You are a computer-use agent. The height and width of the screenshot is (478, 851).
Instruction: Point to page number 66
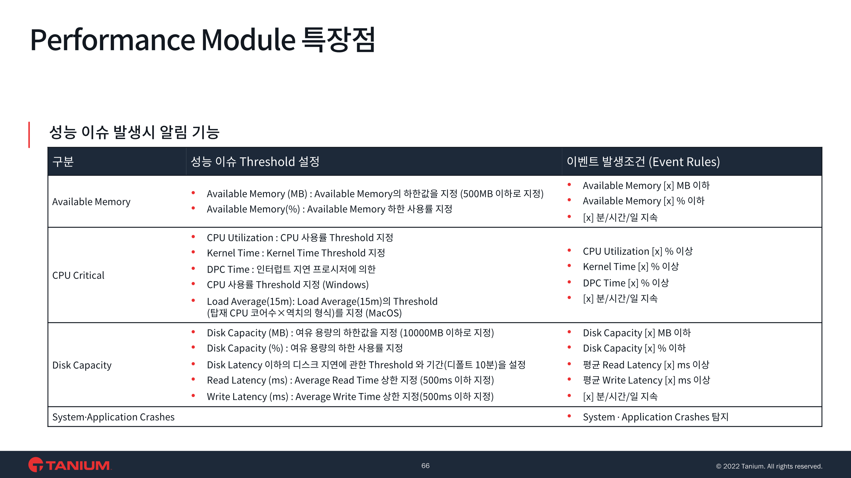[425, 466]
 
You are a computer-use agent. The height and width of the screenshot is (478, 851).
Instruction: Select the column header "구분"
[63, 162]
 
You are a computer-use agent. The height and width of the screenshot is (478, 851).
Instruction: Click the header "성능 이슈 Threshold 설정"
[255, 162]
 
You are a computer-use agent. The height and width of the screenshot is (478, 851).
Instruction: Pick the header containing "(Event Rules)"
[643, 162]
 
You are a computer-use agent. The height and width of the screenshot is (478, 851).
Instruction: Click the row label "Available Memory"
[91, 202]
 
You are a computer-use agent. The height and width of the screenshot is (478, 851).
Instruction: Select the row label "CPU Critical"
[78, 275]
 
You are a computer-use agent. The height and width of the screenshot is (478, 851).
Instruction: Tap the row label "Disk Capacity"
[82, 365]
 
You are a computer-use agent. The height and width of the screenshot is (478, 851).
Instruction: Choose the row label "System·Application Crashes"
[113, 417]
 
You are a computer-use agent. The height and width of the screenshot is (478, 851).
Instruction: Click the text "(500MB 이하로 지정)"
[502, 194]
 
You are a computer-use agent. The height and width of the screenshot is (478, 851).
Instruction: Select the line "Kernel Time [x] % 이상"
[631, 266]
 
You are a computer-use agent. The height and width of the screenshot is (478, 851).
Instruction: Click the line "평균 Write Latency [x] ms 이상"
[646, 380]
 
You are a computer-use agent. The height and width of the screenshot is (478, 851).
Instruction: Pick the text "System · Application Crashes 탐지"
[656, 417]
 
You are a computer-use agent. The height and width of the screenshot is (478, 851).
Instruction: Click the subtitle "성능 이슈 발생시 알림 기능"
[134, 132]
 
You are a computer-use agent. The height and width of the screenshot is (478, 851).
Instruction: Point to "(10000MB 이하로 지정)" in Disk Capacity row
[447, 333]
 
